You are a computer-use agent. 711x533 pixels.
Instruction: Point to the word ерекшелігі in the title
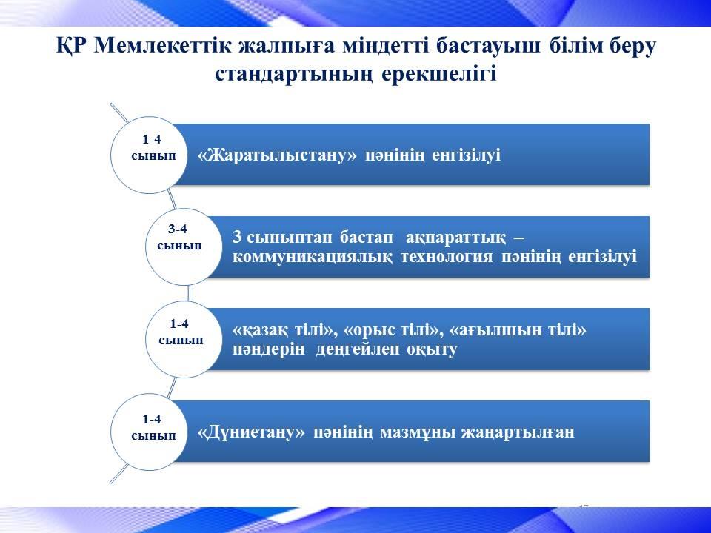(x=438, y=74)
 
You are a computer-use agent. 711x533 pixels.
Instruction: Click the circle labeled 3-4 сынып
(x=183, y=247)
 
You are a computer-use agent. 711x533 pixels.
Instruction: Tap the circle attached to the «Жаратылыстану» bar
(x=149, y=155)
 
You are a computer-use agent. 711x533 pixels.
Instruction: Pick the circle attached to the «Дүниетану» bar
(x=149, y=432)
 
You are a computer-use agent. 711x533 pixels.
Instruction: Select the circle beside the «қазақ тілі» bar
(x=183, y=340)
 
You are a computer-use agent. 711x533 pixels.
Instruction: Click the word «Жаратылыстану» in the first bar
(x=278, y=155)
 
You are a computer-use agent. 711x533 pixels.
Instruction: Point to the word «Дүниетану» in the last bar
(x=252, y=432)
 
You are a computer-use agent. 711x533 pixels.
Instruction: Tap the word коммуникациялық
(x=313, y=257)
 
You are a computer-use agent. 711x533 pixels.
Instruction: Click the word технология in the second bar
(x=446, y=257)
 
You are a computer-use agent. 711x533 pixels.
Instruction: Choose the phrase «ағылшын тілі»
(x=518, y=330)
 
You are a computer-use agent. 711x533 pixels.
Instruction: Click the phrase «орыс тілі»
(x=393, y=330)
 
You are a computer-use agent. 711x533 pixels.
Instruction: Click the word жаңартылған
(x=518, y=432)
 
